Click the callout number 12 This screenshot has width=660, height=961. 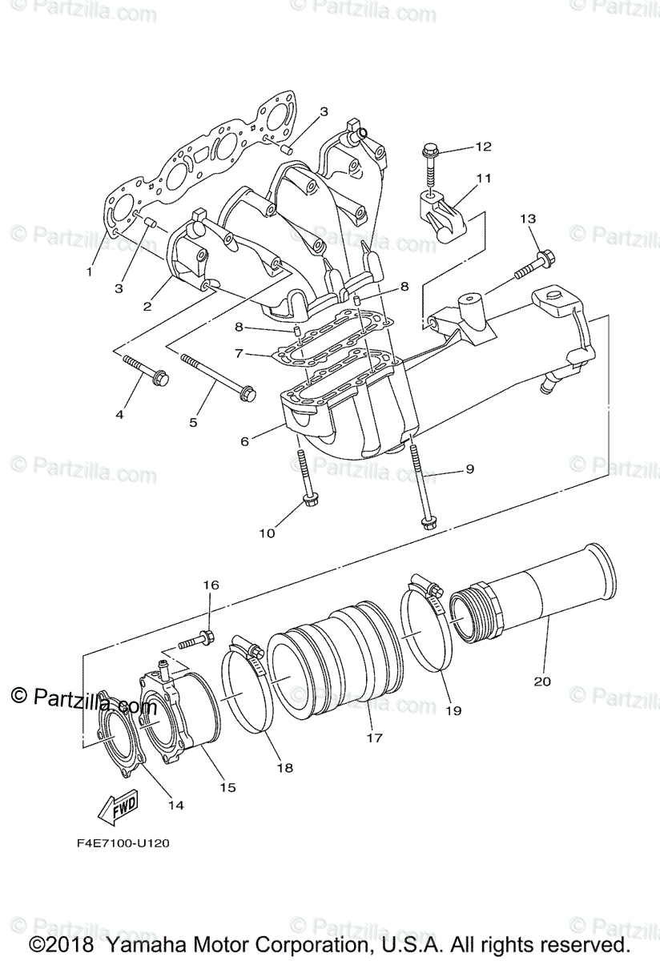505,147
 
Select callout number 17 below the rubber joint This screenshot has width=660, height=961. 374,738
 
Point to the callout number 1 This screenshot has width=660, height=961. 90,271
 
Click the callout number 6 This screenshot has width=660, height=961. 245,440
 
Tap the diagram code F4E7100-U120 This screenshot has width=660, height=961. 118,842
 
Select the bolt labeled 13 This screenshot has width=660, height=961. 532,266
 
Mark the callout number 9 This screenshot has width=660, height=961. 469,468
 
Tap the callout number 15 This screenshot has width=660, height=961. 228,787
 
